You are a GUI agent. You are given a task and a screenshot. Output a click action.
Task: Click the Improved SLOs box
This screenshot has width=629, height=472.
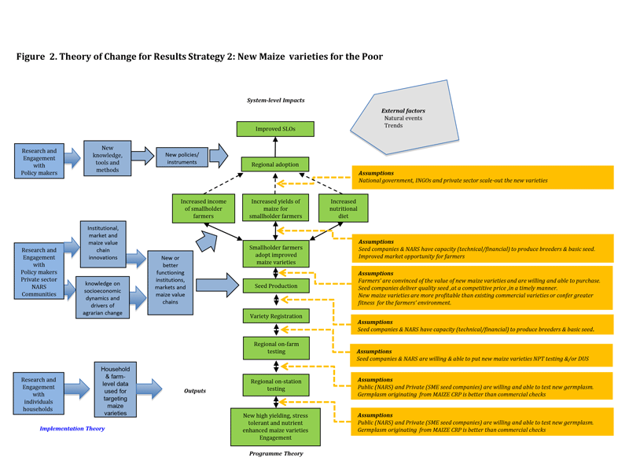(x=275, y=129)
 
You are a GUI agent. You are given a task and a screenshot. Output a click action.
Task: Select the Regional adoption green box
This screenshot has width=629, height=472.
(x=275, y=165)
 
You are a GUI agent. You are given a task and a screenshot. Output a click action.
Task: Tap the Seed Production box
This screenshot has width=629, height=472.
(x=275, y=286)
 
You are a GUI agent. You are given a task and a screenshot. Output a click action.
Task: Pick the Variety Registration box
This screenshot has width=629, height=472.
(x=275, y=316)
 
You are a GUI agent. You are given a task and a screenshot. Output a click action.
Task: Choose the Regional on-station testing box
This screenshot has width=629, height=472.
(x=275, y=384)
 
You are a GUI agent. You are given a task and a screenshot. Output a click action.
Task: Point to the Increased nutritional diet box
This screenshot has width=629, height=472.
(x=343, y=208)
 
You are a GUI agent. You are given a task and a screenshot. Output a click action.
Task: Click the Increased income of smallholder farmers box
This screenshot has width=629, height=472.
(x=204, y=208)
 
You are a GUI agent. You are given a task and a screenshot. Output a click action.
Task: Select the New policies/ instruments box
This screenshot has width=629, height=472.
(x=182, y=157)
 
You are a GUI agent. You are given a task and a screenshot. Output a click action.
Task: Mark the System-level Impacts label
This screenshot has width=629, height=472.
(x=275, y=101)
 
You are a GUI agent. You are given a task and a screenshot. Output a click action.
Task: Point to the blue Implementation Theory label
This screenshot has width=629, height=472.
(x=72, y=429)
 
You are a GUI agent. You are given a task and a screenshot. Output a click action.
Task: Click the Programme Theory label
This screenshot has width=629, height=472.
(x=275, y=454)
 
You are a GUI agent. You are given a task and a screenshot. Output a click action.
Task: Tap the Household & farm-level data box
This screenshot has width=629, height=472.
(x=115, y=389)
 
